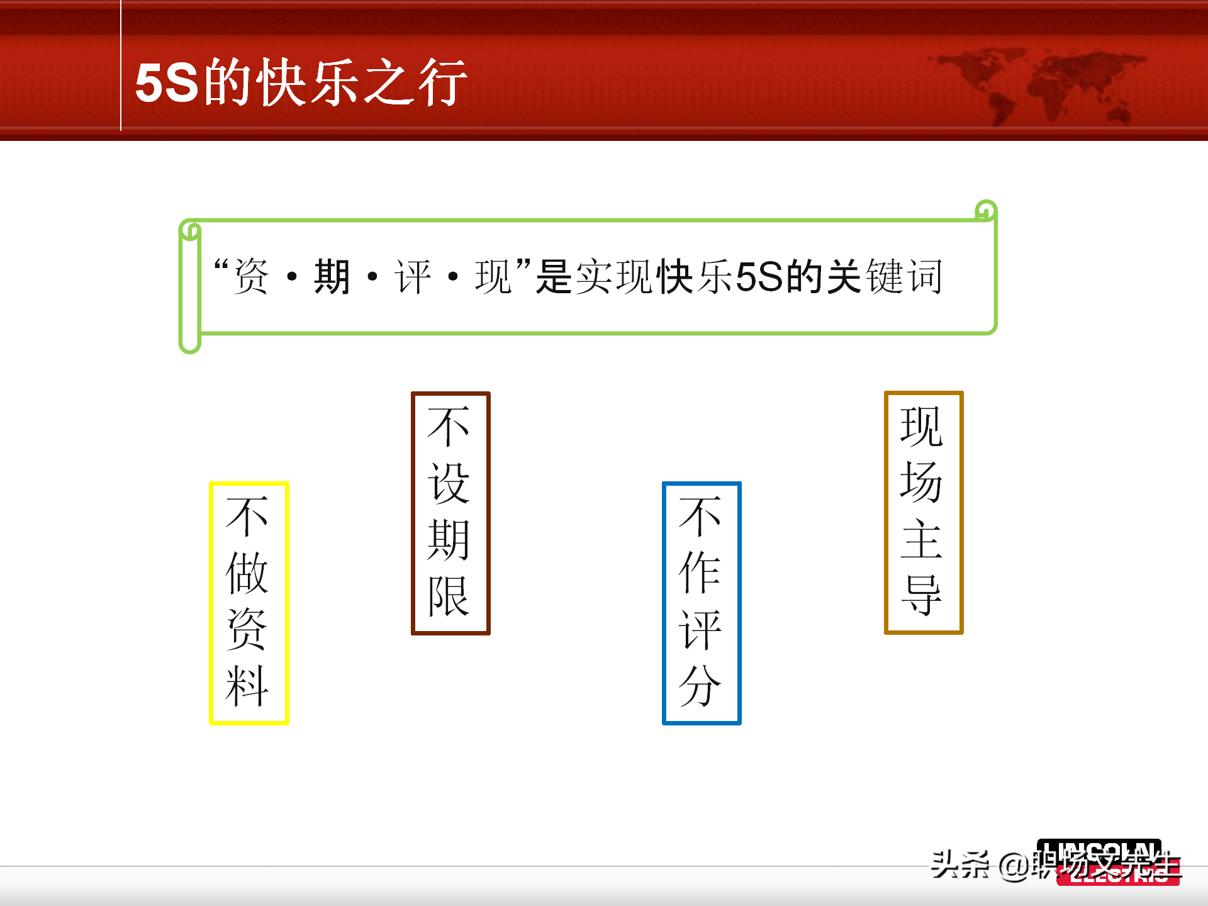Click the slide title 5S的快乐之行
click(301, 82)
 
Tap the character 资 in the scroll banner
click(251, 276)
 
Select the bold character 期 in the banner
click(332, 276)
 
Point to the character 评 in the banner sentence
click(412, 276)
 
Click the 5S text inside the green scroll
click(759, 276)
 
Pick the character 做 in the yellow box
click(247, 572)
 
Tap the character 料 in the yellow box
click(247, 685)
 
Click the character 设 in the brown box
click(449, 483)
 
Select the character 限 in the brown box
click(449, 596)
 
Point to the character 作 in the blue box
click(700, 572)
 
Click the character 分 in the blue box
click(700, 685)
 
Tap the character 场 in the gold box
click(922, 483)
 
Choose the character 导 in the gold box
click(922, 595)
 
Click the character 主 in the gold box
click(922, 539)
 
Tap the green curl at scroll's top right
click(986, 210)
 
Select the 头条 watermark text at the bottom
click(959, 864)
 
